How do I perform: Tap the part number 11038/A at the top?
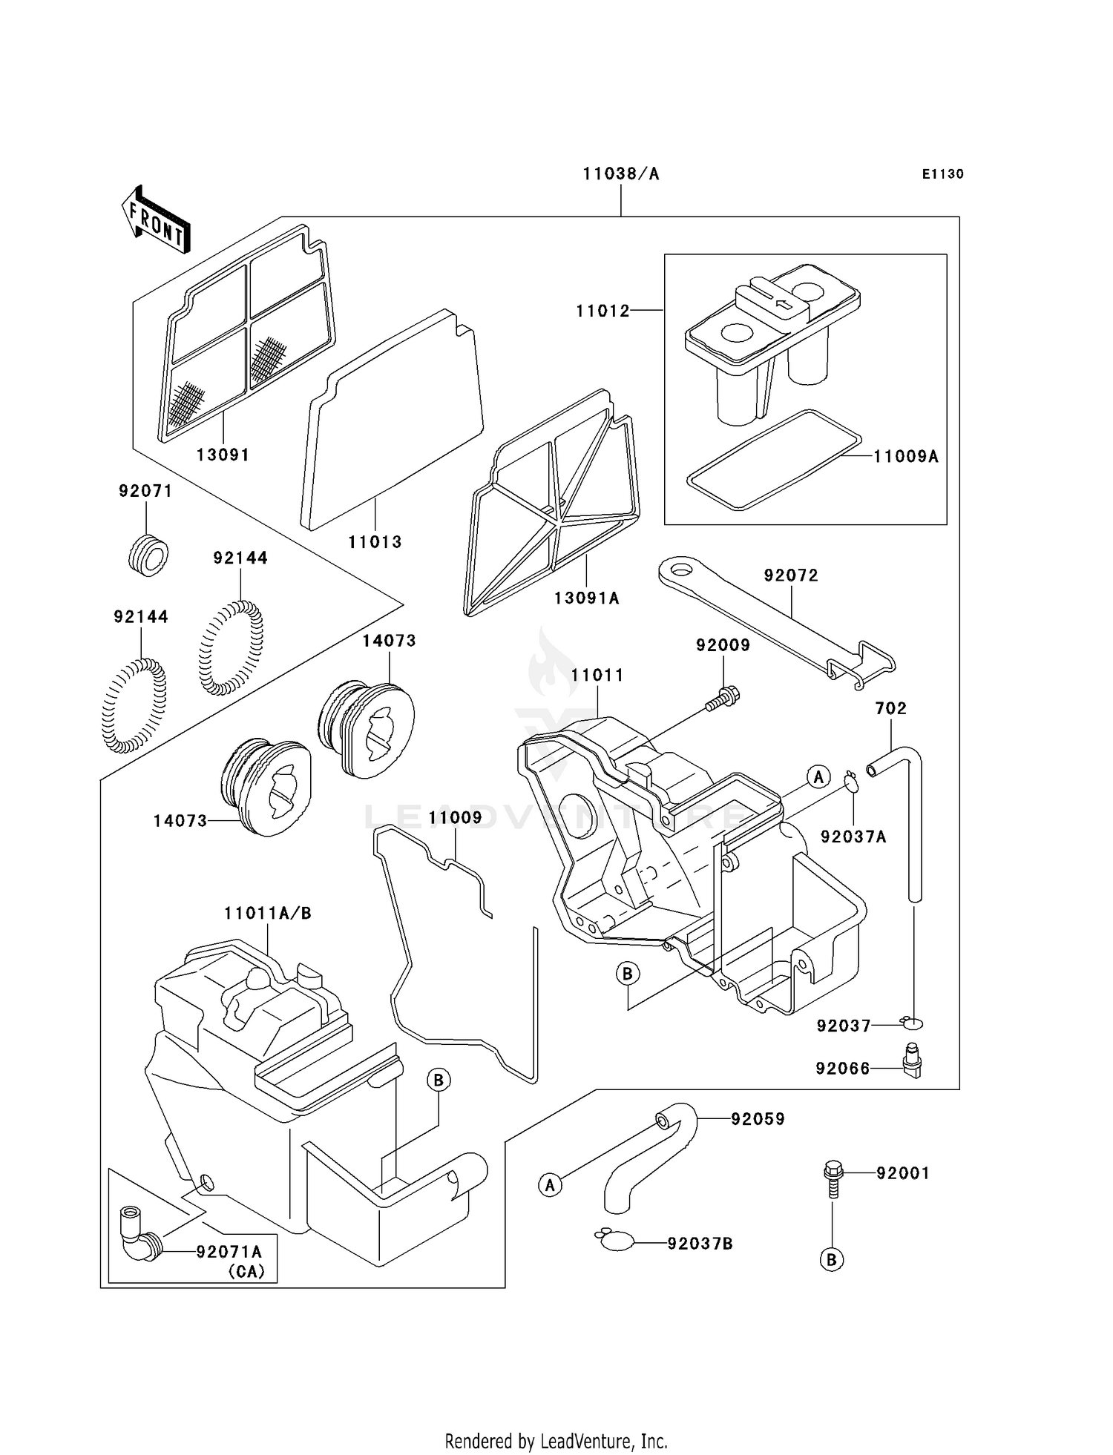point(620,174)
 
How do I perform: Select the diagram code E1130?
point(942,174)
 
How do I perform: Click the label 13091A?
point(586,598)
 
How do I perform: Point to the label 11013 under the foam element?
point(375,542)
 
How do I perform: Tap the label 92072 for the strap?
point(791,575)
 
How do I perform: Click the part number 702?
point(890,708)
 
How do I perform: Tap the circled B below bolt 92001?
point(832,1260)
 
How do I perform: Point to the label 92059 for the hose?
point(757,1119)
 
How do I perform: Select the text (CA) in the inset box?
point(246,1271)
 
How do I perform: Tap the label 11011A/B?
point(268,914)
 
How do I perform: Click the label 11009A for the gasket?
point(905,457)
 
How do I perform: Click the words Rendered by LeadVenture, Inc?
point(556,1441)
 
